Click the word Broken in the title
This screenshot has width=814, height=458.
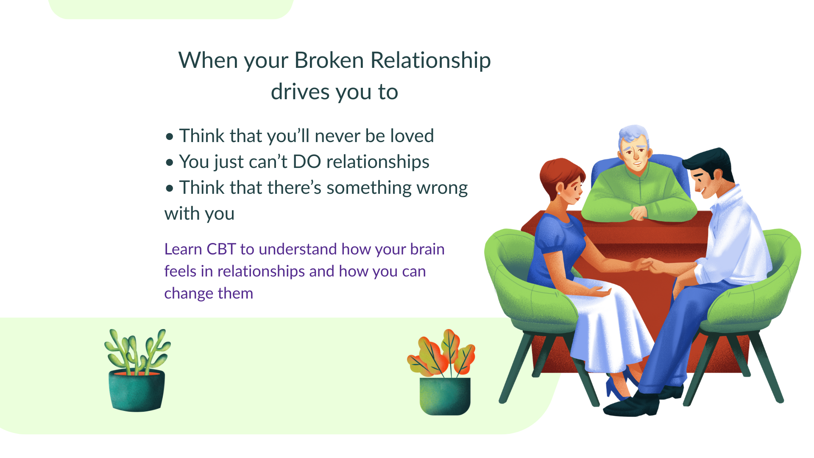pyautogui.click(x=329, y=60)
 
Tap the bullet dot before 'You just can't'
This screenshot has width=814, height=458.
pyautogui.click(x=170, y=162)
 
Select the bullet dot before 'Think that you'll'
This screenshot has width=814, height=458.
pyautogui.click(x=170, y=137)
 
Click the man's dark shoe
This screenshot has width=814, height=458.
pyautogui.click(x=632, y=405)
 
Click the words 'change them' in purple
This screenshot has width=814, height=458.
pyautogui.click(x=209, y=293)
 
